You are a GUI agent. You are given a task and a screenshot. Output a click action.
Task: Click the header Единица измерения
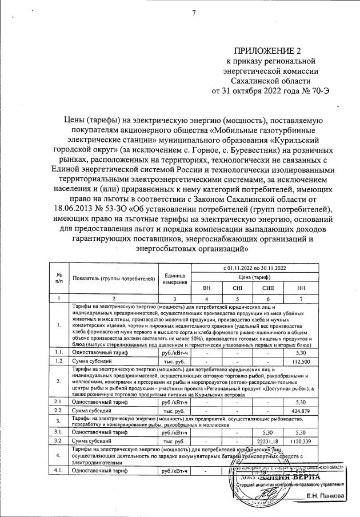click(175, 279)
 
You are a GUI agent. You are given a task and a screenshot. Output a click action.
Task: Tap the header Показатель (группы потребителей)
click(114, 278)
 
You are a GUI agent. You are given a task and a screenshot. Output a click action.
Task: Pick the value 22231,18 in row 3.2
click(268, 442)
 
